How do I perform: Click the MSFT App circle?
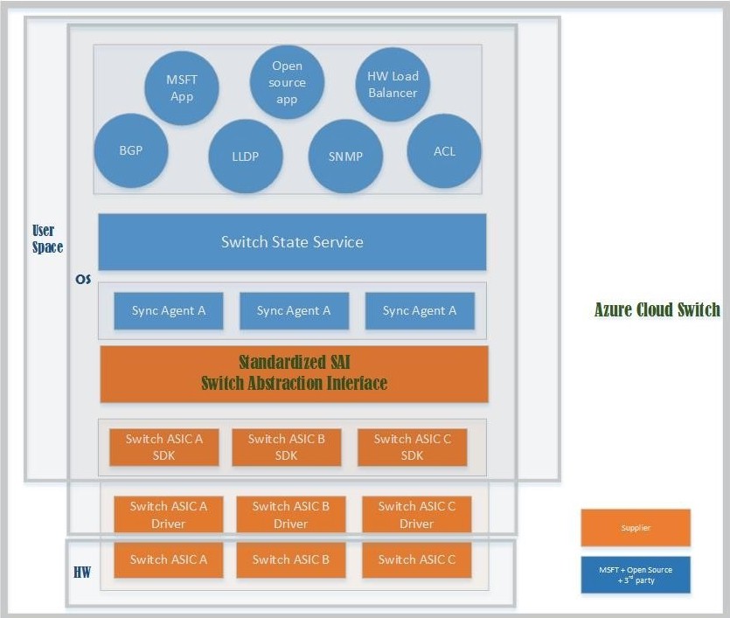182,88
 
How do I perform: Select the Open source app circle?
287,82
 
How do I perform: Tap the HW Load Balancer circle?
393,84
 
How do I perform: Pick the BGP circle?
131,150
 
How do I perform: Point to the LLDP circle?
246,156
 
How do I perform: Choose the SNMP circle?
345,156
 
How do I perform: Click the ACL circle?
444,150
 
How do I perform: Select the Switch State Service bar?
292,242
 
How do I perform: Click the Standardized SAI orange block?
295,374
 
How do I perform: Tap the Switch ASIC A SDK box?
163,447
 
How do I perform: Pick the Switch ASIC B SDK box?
287,447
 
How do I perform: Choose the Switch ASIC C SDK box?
412,447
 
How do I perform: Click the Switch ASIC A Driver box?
169,514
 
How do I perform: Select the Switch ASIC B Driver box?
291,514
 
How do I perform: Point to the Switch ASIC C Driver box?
417,514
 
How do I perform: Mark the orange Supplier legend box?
636,527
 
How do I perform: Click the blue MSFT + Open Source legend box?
636,574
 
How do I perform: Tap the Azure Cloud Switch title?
657,309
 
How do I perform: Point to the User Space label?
47,239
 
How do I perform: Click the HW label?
82,572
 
